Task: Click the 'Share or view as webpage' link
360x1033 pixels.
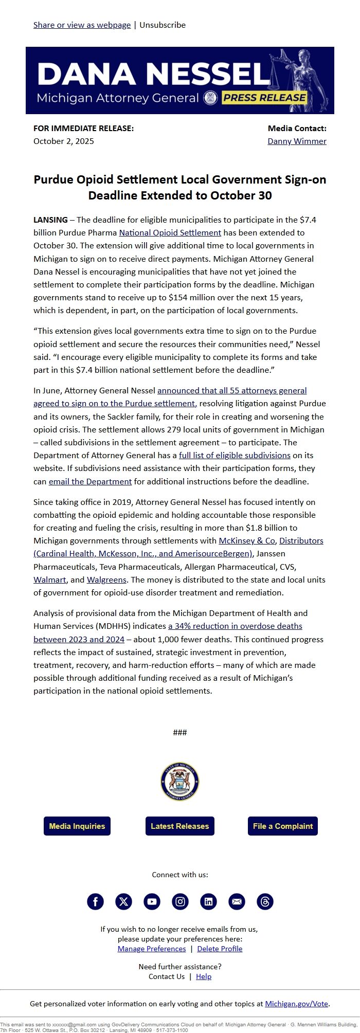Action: [82, 25]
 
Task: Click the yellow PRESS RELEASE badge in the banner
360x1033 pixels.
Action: [264, 98]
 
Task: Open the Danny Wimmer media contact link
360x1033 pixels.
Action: [297, 141]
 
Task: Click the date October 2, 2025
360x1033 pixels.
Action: [64, 141]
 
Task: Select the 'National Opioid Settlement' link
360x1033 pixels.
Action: [170, 233]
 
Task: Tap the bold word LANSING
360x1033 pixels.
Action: [50, 220]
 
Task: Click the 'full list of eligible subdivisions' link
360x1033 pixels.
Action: [235, 456]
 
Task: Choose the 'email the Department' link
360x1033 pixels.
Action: [90, 482]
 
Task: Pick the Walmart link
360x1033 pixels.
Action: [49, 580]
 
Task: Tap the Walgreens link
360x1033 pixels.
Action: [106, 580]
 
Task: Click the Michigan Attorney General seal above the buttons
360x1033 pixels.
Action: [179, 782]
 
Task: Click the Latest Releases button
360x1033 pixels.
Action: [179, 826]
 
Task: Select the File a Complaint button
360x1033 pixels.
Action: [282, 826]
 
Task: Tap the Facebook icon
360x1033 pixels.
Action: [95, 901]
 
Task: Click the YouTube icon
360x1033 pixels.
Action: [152, 901]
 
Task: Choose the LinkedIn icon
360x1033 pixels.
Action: [208, 901]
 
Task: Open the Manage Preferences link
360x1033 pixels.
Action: [152, 949]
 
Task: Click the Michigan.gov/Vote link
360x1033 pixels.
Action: [297, 1004]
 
